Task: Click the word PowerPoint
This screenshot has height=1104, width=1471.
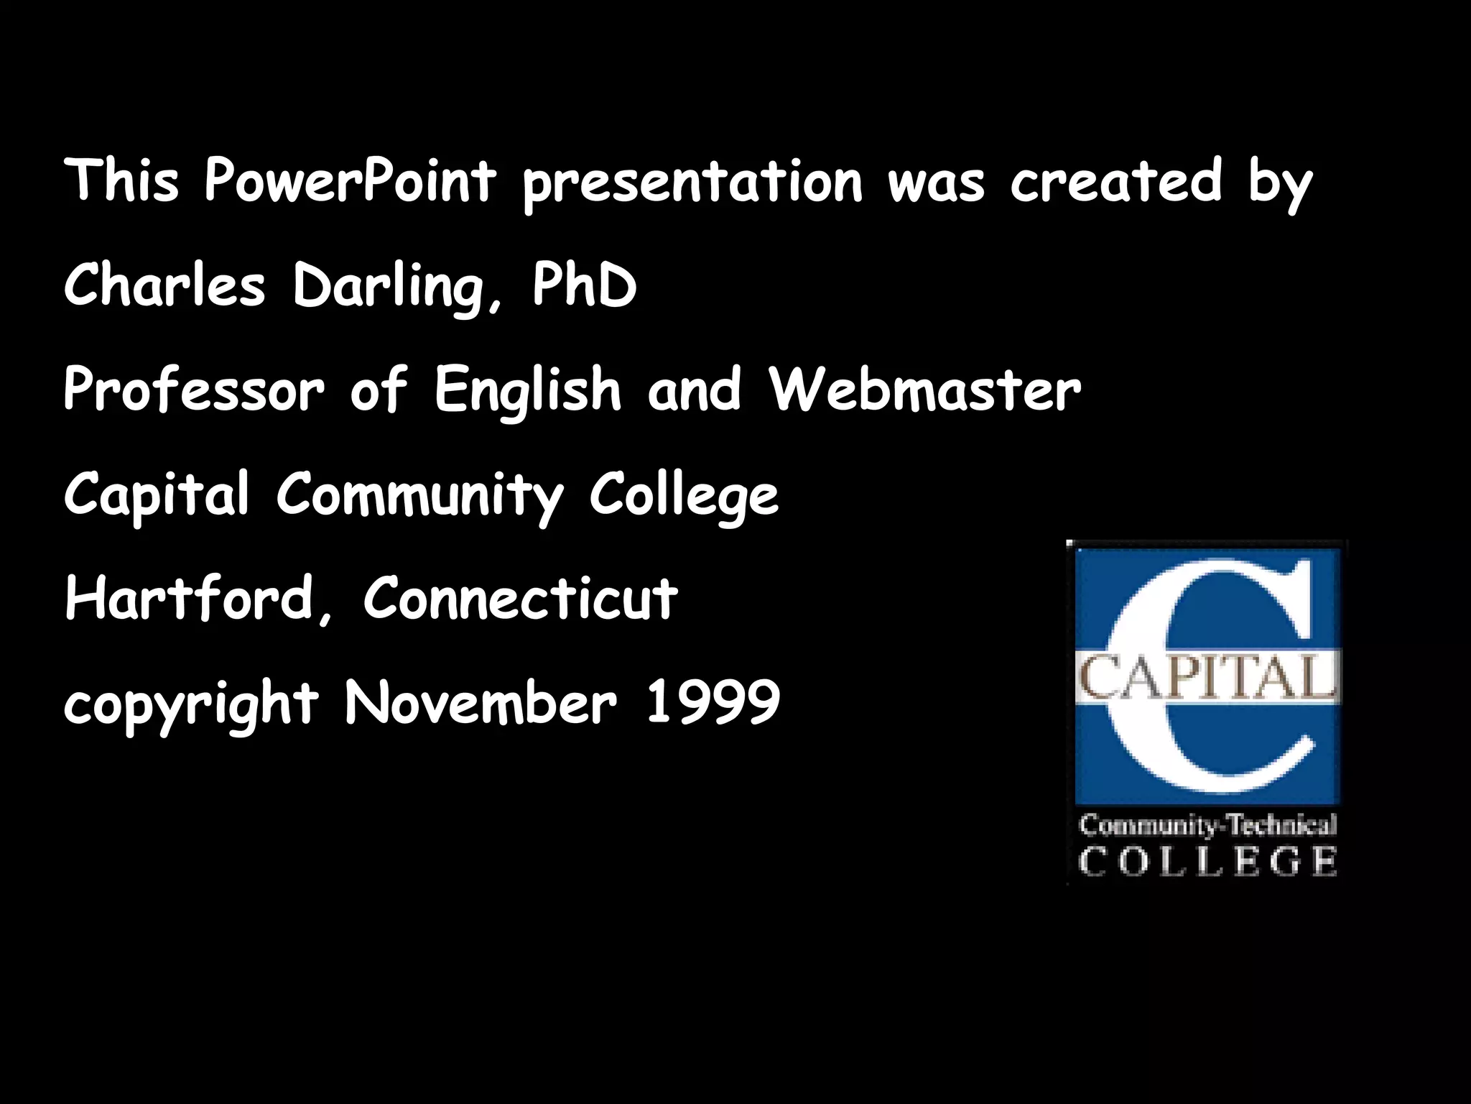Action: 350,180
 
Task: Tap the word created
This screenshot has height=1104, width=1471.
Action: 1116,180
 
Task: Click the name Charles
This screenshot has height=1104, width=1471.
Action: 164,285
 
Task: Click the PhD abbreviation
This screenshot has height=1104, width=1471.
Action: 584,285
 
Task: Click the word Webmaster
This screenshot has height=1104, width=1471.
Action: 924,390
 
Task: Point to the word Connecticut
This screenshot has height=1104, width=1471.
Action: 520,598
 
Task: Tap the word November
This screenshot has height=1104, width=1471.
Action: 481,702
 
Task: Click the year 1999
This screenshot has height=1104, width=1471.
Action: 713,702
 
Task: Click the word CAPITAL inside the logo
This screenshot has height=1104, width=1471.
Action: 1207,678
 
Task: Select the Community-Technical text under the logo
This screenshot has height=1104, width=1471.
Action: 1207,826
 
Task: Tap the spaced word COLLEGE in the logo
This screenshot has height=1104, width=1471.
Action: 1207,862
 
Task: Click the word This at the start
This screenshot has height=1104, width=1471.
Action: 121,180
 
